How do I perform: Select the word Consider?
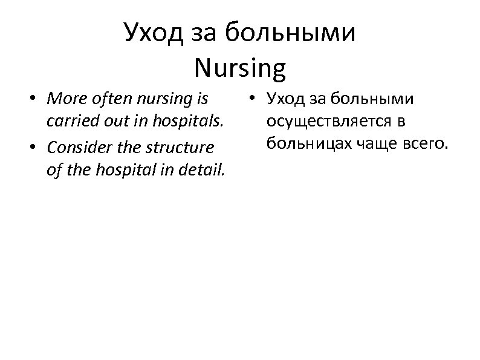[x=75, y=147]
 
